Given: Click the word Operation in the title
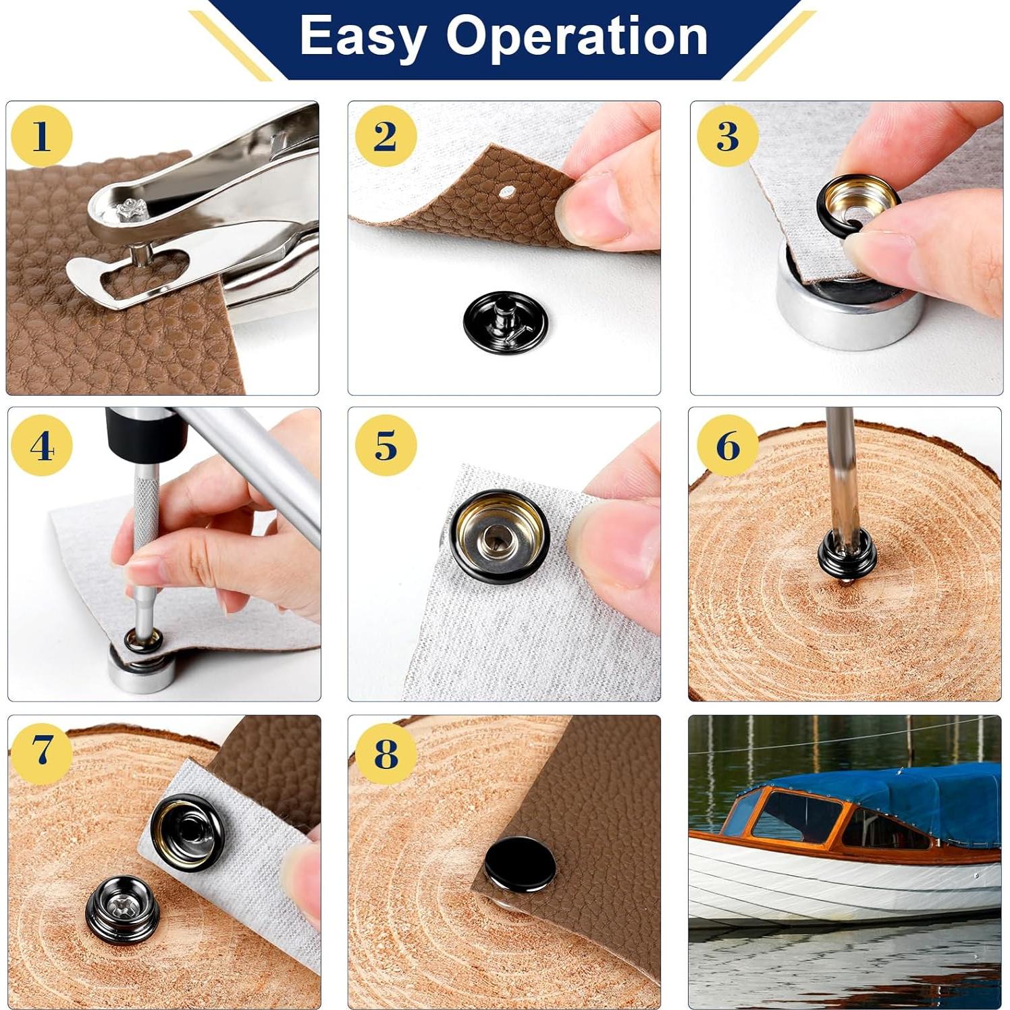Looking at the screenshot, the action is [577, 37].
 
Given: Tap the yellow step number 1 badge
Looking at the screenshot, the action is [41, 136].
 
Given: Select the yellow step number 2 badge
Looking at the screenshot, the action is [385, 136].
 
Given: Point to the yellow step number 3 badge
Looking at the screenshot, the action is [727, 136].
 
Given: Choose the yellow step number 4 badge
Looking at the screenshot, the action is [41, 446].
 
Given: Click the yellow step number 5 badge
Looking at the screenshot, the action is [386, 446].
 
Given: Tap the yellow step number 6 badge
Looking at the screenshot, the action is [727, 446].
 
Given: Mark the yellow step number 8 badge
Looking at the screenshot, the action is [386, 753].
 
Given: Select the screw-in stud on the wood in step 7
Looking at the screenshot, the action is [123, 906].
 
